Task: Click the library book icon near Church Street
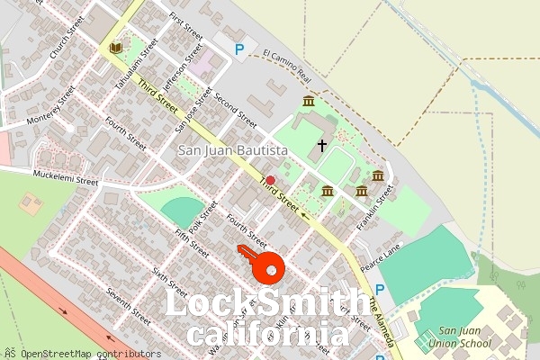tap(114, 48)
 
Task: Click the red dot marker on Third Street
tap(270, 181)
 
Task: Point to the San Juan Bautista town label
tap(232, 150)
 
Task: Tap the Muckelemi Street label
tap(65, 178)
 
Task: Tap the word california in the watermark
tap(266, 335)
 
